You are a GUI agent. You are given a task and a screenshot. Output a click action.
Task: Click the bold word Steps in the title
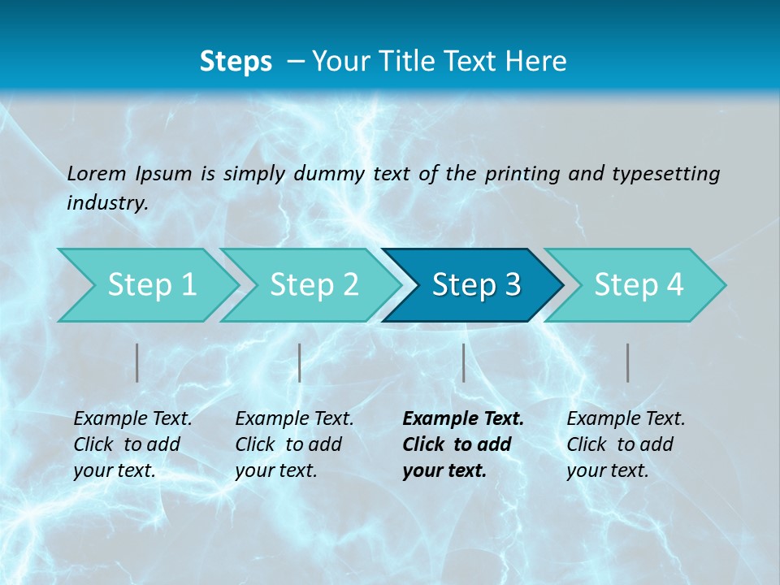[236, 61]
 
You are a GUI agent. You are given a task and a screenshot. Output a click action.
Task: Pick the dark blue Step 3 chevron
[476, 284]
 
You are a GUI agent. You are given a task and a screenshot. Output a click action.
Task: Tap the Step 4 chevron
[639, 284]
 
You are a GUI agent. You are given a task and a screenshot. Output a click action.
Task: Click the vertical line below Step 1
[137, 362]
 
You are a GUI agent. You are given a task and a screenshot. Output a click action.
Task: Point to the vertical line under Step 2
[300, 362]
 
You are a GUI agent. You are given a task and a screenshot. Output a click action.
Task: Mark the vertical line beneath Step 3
[464, 362]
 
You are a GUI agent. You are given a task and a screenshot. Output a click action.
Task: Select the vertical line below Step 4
[628, 362]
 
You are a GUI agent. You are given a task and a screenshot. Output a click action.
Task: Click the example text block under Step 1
[132, 444]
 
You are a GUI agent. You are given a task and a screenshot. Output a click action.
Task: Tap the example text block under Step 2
[294, 444]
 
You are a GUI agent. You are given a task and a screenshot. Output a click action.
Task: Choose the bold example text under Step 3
[463, 444]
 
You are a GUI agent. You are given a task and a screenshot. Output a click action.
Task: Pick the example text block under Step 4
[626, 444]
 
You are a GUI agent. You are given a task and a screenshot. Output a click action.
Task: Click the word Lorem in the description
[97, 173]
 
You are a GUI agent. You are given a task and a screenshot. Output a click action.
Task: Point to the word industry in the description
[106, 203]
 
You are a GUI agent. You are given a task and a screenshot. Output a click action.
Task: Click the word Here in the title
[539, 61]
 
